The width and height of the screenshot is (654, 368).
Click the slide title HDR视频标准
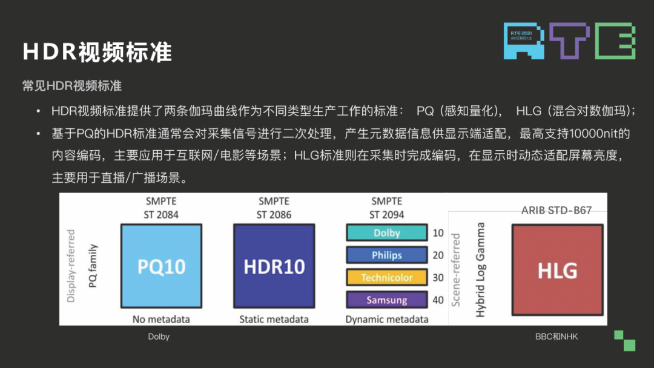[x=97, y=52]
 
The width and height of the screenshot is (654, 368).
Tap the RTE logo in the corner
[x=569, y=41]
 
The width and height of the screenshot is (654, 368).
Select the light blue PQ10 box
[x=161, y=267]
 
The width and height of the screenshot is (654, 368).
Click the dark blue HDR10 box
[x=274, y=267]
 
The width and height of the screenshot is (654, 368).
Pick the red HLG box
[x=557, y=269]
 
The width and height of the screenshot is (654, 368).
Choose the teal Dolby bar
[x=386, y=233]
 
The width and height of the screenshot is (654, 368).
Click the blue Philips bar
[x=386, y=255]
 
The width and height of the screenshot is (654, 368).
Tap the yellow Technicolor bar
[x=386, y=278]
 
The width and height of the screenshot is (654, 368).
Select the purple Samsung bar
[x=386, y=300]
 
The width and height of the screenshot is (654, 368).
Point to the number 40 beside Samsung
[x=438, y=300]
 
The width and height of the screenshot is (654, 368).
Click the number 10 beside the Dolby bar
[x=438, y=233]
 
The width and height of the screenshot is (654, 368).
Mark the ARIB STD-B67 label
[x=557, y=211]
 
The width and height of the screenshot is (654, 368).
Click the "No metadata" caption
[x=161, y=319]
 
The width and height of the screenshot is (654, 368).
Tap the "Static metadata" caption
[x=274, y=319]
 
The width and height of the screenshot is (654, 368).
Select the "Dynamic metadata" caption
[x=387, y=319]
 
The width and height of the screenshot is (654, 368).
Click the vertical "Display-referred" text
[x=71, y=266]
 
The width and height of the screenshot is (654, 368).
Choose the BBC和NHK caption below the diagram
[x=557, y=337]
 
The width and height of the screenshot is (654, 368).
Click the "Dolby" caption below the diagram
[x=159, y=337]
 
